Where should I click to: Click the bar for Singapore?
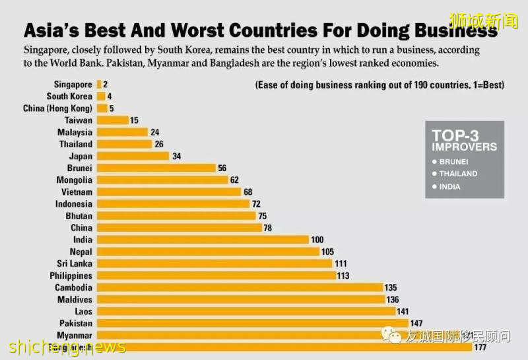99,85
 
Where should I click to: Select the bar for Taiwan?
112,120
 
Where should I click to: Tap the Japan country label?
81,157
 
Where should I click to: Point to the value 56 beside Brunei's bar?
222,168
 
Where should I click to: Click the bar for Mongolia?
162,180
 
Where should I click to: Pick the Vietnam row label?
77,192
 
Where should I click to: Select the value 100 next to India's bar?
318,240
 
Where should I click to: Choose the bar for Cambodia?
240,287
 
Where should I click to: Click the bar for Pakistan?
253,323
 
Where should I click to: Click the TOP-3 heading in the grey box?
455,134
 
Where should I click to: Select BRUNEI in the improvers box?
455,161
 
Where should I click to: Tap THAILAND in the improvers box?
458,174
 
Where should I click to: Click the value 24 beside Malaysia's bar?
154,132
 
